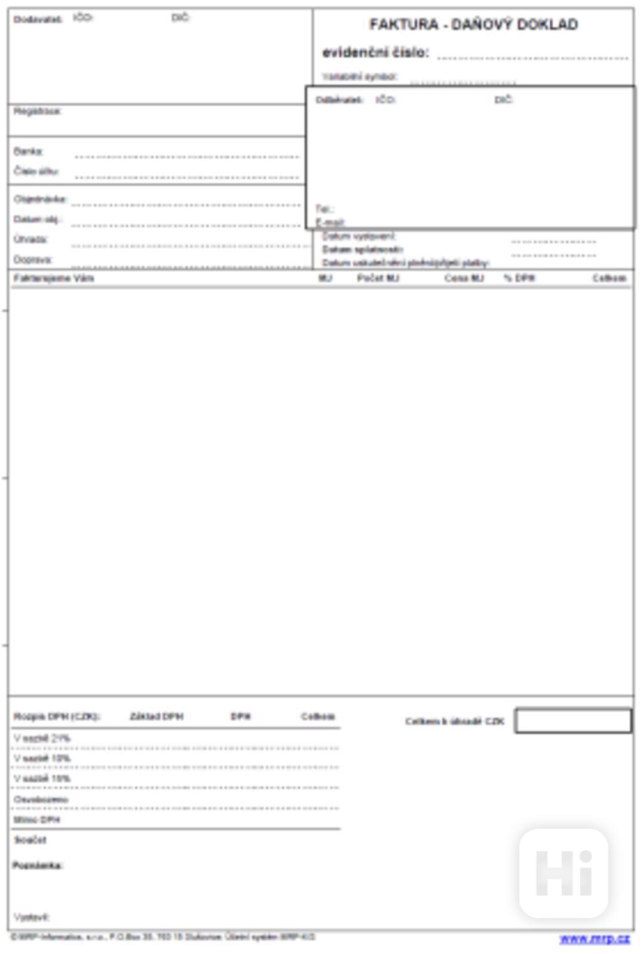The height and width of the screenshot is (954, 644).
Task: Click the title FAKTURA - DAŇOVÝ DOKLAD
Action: pyautogui.click(x=473, y=24)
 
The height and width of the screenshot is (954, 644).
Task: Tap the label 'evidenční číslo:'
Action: pyautogui.click(x=375, y=53)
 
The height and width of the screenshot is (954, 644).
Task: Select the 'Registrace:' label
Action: pyautogui.click(x=37, y=111)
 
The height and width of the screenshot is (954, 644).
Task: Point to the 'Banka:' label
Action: pyautogui.click(x=29, y=152)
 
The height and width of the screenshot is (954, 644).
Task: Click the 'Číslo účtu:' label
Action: pyautogui.click(x=36, y=171)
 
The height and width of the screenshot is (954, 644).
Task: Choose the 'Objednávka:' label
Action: pyautogui.click(x=40, y=199)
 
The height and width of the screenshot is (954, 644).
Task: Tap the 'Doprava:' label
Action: pyautogui.click(x=33, y=260)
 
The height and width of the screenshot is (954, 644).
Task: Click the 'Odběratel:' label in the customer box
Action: pyautogui.click(x=339, y=100)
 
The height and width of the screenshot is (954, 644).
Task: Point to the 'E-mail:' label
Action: pyautogui.click(x=330, y=223)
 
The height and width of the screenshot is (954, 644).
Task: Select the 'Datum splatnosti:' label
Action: pyautogui.click(x=363, y=250)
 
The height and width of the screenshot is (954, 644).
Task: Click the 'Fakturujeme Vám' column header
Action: pyautogui.click(x=54, y=278)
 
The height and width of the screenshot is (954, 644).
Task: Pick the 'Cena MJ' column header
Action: pyautogui.click(x=464, y=278)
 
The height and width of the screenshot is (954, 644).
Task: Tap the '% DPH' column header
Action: pyautogui.click(x=519, y=278)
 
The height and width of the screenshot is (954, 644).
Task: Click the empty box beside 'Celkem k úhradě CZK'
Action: pyautogui.click(x=573, y=721)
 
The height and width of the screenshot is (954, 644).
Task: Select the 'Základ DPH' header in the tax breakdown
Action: pyautogui.click(x=156, y=716)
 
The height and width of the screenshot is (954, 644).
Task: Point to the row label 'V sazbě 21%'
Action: pyautogui.click(x=42, y=738)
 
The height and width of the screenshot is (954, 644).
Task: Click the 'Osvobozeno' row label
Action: pyautogui.click(x=41, y=799)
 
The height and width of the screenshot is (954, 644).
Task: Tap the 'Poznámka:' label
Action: pyautogui.click(x=38, y=866)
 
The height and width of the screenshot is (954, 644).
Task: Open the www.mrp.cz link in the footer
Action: pyautogui.click(x=594, y=938)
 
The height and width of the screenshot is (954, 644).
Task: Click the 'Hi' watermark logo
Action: pyautogui.click(x=563, y=873)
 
